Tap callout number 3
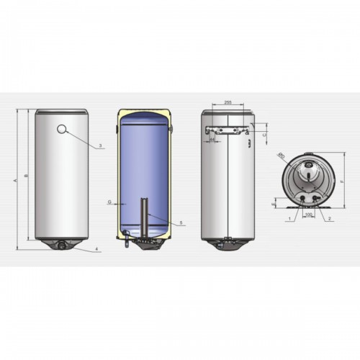(101, 146)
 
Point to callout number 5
(181, 223)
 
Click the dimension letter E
(273, 205)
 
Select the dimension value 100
(309, 214)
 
